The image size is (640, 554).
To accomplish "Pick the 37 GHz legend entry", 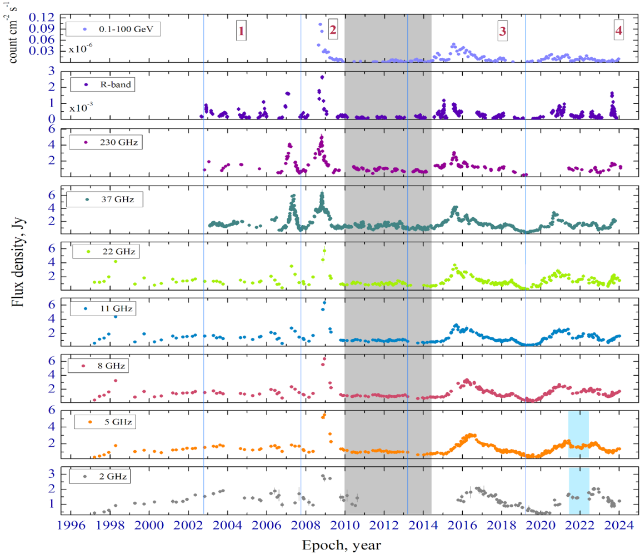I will coord(104,199).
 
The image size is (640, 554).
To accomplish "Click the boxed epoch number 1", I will coord(241,32).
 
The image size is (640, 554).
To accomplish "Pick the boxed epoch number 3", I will coord(502,32).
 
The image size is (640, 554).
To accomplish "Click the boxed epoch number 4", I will coord(618,32).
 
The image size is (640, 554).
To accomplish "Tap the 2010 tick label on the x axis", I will coord(344,526).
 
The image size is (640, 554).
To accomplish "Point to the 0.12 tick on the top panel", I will coord(44,17).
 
